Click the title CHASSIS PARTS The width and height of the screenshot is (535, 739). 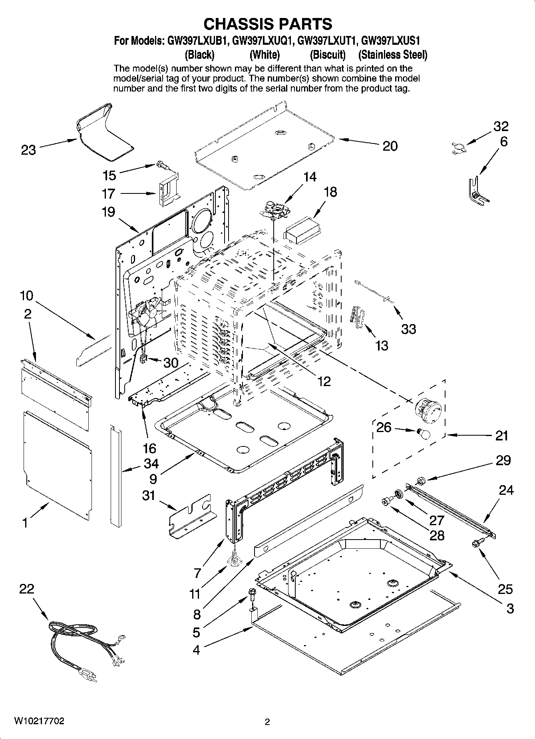(x=267, y=24)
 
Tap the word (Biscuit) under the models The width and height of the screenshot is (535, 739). (x=328, y=54)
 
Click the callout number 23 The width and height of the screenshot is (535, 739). (x=28, y=150)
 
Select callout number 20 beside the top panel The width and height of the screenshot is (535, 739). (x=390, y=146)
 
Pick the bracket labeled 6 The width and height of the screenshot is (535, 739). (x=477, y=190)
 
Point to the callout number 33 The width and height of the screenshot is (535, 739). (x=408, y=329)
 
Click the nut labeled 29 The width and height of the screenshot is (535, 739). (x=420, y=480)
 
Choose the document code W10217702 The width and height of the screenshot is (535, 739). (x=39, y=721)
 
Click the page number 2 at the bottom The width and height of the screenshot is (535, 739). (x=267, y=722)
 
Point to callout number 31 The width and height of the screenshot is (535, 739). (x=148, y=496)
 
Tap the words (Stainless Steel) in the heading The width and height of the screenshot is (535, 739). (x=392, y=54)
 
